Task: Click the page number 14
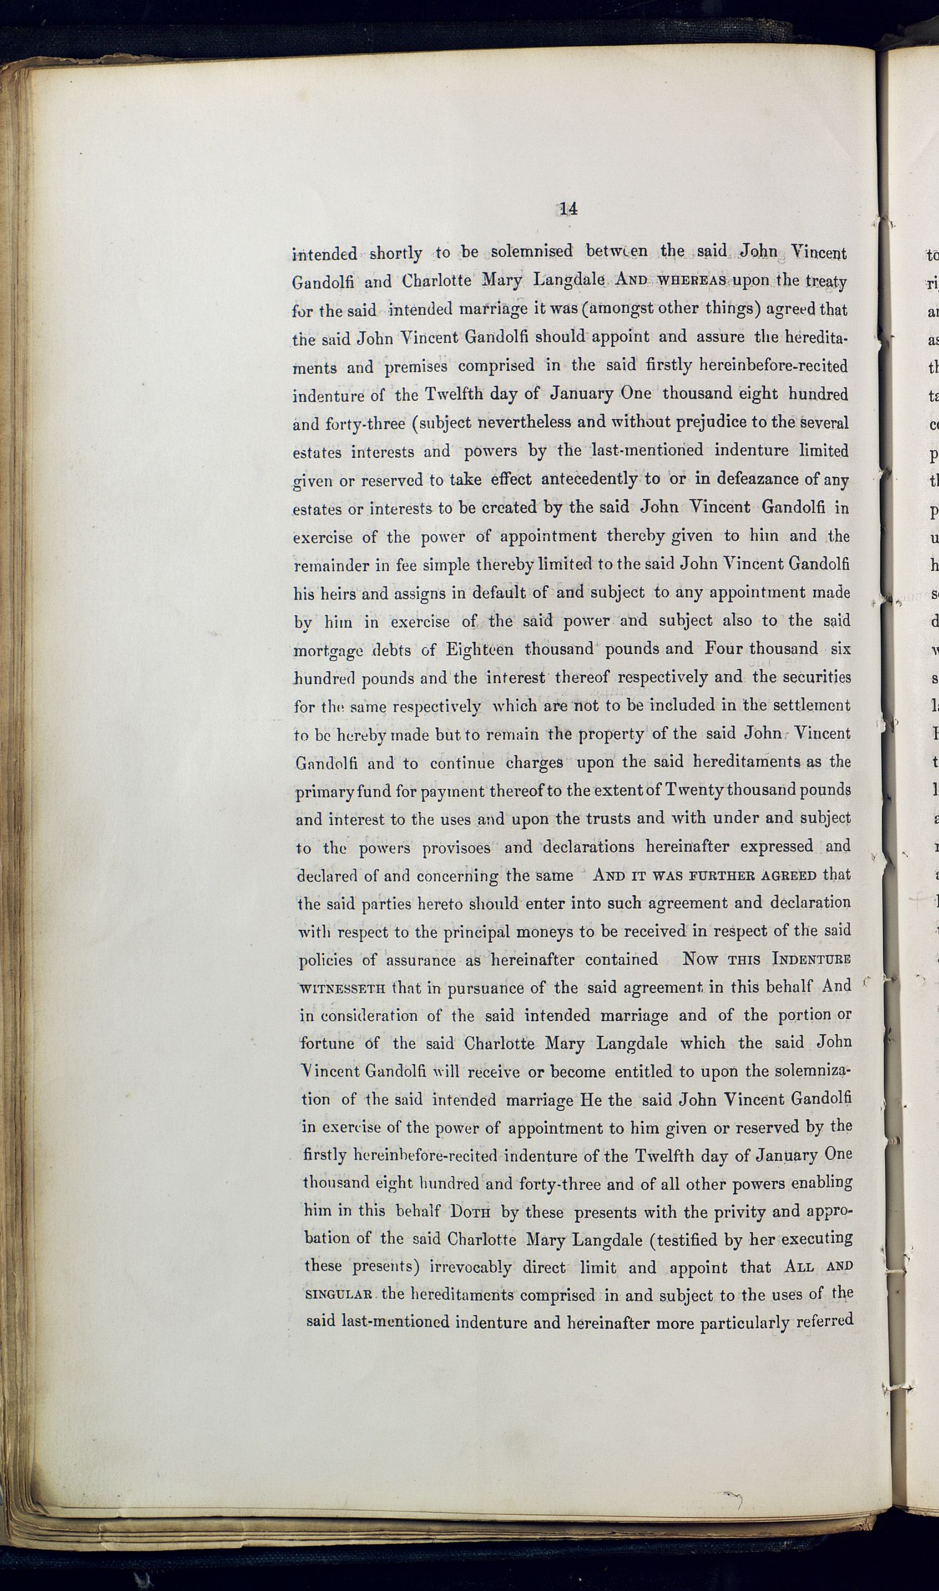[x=568, y=209]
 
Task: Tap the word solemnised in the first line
[x=532, y=251]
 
